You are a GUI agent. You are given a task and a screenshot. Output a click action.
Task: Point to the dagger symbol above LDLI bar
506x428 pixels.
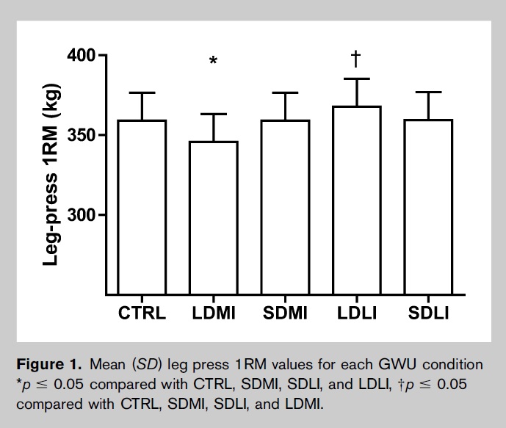[356, 58]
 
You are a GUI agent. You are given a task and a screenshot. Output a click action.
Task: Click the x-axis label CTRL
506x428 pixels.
[142, 314]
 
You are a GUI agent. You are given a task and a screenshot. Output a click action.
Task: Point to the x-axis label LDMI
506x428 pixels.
[214, 314]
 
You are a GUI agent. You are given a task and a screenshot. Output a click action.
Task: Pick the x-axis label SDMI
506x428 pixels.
[285, 314]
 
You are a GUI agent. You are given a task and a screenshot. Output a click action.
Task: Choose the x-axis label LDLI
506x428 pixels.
[356, 314]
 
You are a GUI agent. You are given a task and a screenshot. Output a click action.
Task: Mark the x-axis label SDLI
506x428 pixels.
[428, 314]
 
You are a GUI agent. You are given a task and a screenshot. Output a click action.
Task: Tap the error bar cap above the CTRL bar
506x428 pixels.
[142, 93]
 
